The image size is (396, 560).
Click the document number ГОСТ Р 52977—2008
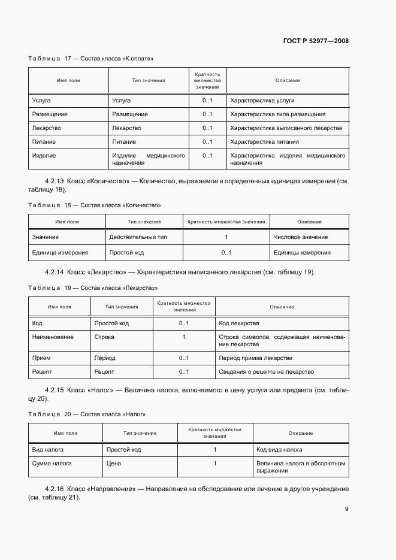[316, 41]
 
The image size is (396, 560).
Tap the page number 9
[346, 509]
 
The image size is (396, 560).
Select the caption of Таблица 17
[91, 59]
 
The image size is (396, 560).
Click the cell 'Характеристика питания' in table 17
[264, 142]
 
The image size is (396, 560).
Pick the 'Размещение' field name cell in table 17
[49, 114]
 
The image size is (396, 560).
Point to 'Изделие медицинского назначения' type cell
[148, 159]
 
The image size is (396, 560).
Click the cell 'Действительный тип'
[138, 237]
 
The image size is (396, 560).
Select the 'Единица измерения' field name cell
[60, 253]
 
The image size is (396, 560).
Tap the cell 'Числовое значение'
[300, 237]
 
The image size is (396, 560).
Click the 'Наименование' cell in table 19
[53, 337]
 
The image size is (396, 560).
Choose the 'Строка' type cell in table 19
[104, 337]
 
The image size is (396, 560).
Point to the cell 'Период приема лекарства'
[256, 358]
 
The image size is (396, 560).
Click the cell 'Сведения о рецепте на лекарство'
[267, 372]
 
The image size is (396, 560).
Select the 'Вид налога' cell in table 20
[48, 449]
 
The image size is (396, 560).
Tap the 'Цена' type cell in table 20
[114, 464]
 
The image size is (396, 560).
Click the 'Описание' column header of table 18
[309, 222]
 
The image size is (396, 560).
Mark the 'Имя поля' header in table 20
[66, 433]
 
